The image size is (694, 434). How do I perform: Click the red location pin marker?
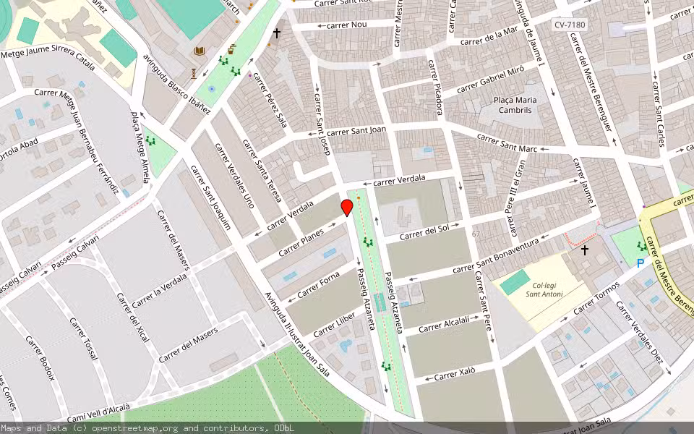[x=347, y=208]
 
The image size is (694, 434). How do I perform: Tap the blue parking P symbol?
[x=640, y=264]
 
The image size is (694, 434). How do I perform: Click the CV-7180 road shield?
[x=570, y=25]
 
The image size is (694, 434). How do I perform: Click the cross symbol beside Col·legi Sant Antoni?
[x=584, y=250]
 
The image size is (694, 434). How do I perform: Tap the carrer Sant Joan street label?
[x=356, y=131]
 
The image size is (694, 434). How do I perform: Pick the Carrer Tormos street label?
[x=597, y=302]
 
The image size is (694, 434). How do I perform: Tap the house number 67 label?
[x=476, y=234]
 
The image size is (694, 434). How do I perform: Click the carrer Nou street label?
[x=347, y=25]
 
